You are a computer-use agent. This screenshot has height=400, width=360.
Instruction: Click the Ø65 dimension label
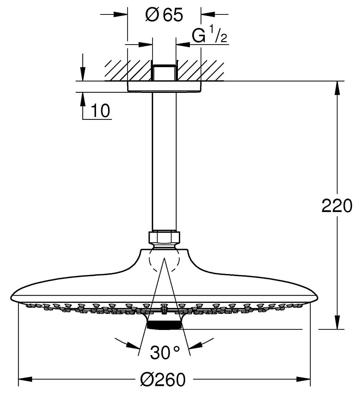pos(164,14)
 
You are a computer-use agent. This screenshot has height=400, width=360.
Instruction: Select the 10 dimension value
pos(100,111)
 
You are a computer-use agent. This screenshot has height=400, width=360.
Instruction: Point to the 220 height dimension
pos(337,205)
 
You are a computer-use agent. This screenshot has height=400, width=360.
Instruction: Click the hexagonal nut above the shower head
pos(164,237)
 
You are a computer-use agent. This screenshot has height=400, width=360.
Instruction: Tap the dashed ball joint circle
pos(164,259)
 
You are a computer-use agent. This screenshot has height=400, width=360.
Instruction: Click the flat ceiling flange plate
pos(164,87)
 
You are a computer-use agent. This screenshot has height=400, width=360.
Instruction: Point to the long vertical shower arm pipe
pos(164,162)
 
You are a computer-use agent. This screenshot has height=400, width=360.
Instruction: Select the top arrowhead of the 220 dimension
pos(337,88)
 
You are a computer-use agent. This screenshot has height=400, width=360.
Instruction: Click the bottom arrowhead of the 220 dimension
pos(337,322)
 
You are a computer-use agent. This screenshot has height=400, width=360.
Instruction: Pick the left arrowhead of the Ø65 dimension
pos(120,14)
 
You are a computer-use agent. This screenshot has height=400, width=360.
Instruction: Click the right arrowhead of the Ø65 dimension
pos(208,14)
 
